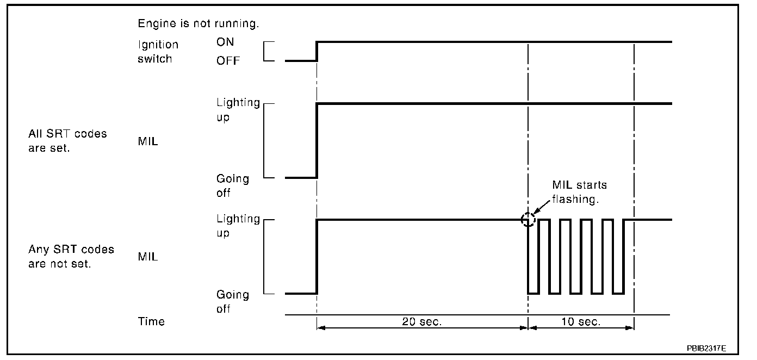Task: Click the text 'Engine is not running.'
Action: [198, 24]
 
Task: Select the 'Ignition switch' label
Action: [157, 52]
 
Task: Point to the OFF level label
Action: [228, 60]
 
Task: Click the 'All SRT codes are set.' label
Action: [68, 140]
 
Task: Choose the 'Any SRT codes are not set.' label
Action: [71, 257]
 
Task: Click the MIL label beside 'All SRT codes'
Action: [148, 143]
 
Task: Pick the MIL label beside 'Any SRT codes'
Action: [148, 257]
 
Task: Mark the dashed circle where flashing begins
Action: [528, 220]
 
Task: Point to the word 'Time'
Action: [151, 321]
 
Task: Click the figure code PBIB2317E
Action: [705, 347]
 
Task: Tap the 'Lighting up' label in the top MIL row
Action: [238, 110]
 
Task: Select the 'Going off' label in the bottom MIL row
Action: [233, 302]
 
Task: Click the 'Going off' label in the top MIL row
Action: [233, 185]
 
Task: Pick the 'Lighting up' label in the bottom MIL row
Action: [238, 226]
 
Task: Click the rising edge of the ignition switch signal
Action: [317, 51]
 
